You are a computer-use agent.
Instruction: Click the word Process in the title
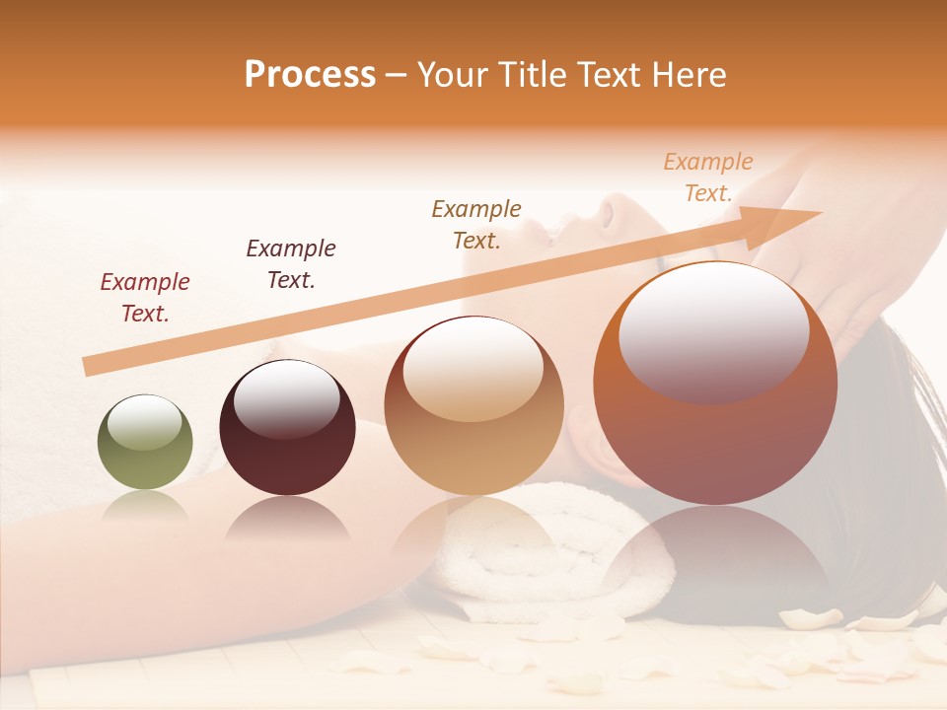310,75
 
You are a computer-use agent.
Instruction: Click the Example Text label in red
145,298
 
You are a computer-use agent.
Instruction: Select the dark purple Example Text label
291,264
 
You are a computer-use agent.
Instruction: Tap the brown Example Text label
476,225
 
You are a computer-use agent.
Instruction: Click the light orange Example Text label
708,177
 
